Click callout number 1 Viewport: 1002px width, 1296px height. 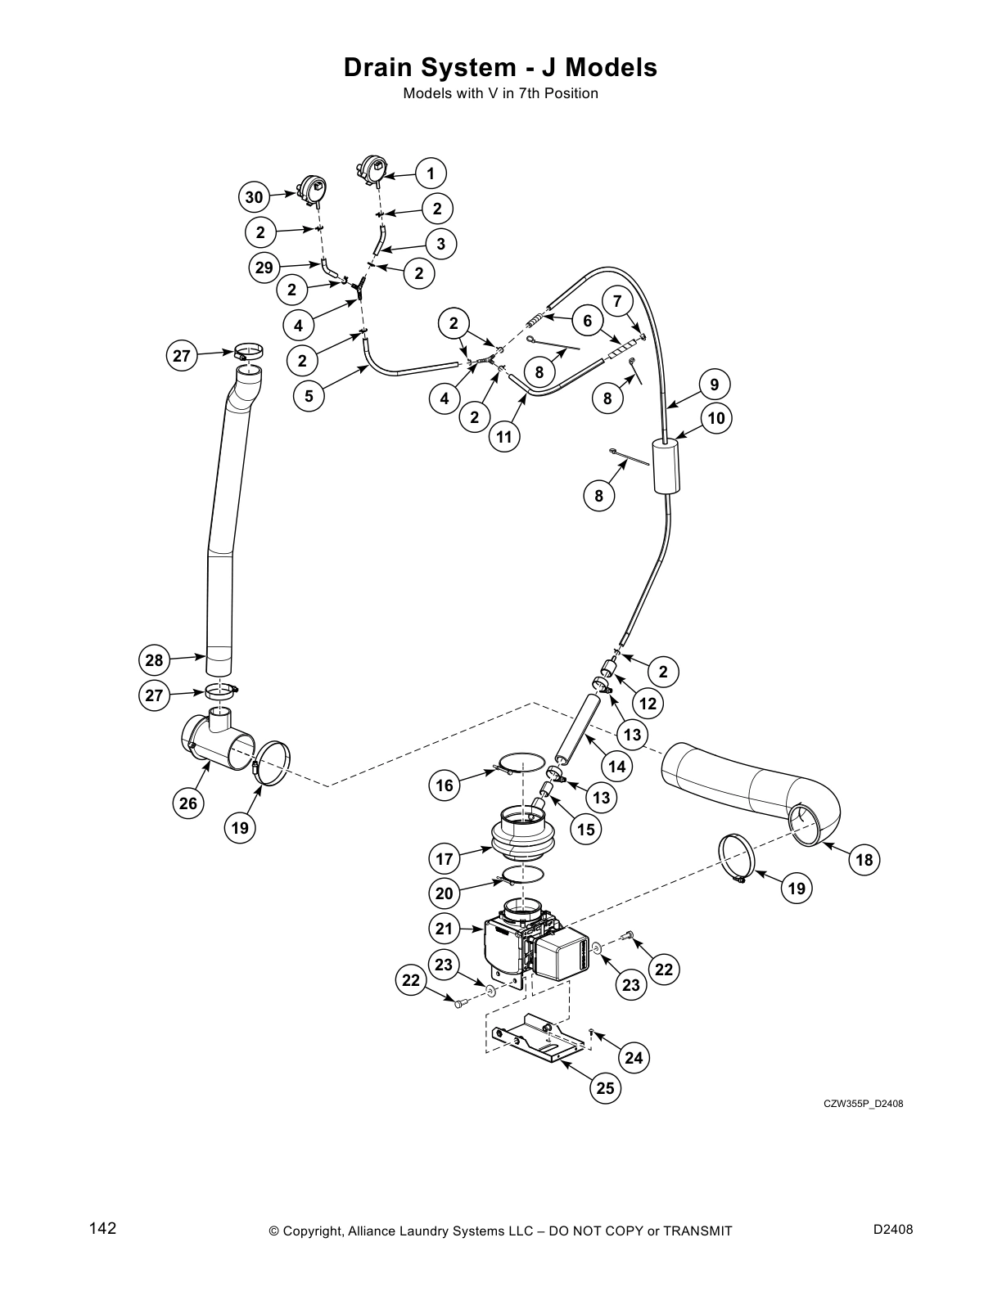coord(431,173)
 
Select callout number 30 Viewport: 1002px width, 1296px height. coord(255,197)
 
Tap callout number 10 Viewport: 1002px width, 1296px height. coord(716,419)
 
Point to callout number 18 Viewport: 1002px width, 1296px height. coord(864,860)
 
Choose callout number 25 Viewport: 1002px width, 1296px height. coord(605,1088)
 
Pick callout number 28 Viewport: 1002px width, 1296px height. coord(155,660)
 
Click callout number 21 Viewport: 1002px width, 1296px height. coord(444,929)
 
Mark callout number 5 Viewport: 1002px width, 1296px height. coord(309,397)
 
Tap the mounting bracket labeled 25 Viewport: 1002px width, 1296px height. coord(536,1040)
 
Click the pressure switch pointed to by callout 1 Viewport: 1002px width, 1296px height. coord(373,169)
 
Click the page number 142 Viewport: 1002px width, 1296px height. coord(103,1228)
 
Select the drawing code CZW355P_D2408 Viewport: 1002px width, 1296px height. coord(863,1105)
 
